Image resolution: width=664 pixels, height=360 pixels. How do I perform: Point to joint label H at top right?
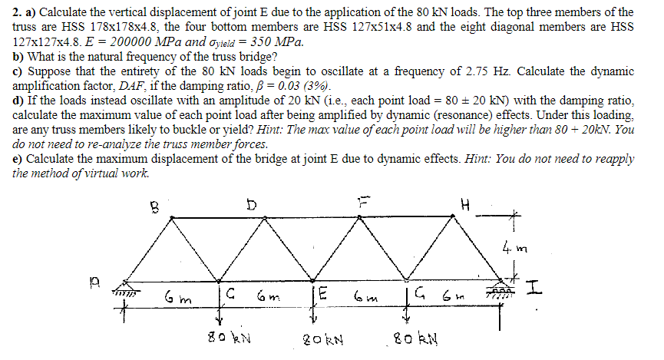(462, 206)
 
